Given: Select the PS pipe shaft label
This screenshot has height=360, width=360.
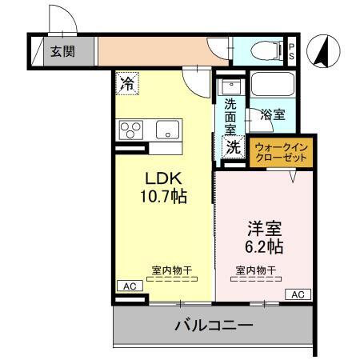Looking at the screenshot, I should tap(291, 52).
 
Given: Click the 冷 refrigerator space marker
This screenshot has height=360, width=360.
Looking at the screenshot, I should tap(128, 81).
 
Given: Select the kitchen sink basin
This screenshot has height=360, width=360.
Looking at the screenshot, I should tap(168, 129).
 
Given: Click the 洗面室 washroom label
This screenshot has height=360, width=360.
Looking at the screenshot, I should tap(230, 116).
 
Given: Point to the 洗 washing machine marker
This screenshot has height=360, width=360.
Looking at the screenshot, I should tap(232, 146).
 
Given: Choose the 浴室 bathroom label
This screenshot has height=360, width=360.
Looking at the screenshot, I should tap(273, 115).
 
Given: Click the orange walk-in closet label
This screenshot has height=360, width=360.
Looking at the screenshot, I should tap(280, 152).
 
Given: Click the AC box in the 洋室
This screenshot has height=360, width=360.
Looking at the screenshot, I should tap(298, 294).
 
